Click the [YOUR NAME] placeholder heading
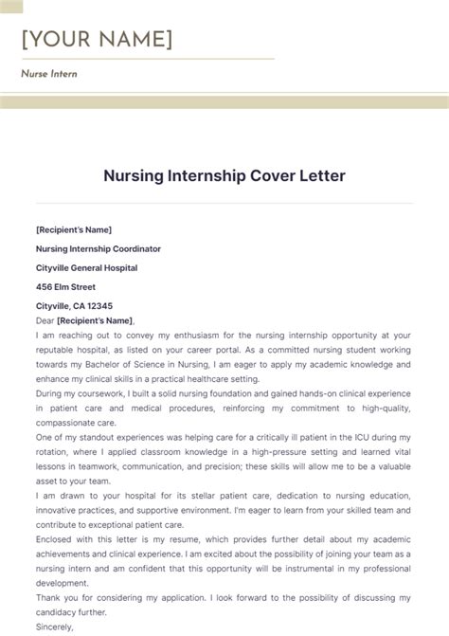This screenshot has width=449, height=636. (x=97, y=40)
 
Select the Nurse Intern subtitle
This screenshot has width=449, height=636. (x=49, y=74)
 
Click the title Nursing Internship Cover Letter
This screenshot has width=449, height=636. (x=224, y=176)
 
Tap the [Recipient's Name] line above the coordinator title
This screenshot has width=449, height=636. (x=74, y=229)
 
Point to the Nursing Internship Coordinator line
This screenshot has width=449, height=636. (x=99, y=248)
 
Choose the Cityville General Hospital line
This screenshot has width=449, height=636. (x=86, y=267)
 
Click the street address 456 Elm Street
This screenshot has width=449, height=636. (x=65, y=286)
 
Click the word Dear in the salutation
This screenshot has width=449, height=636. (x=45, y=320)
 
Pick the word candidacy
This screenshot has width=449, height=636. (x=59, y=612)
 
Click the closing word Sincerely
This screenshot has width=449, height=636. (x=55, y=627)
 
